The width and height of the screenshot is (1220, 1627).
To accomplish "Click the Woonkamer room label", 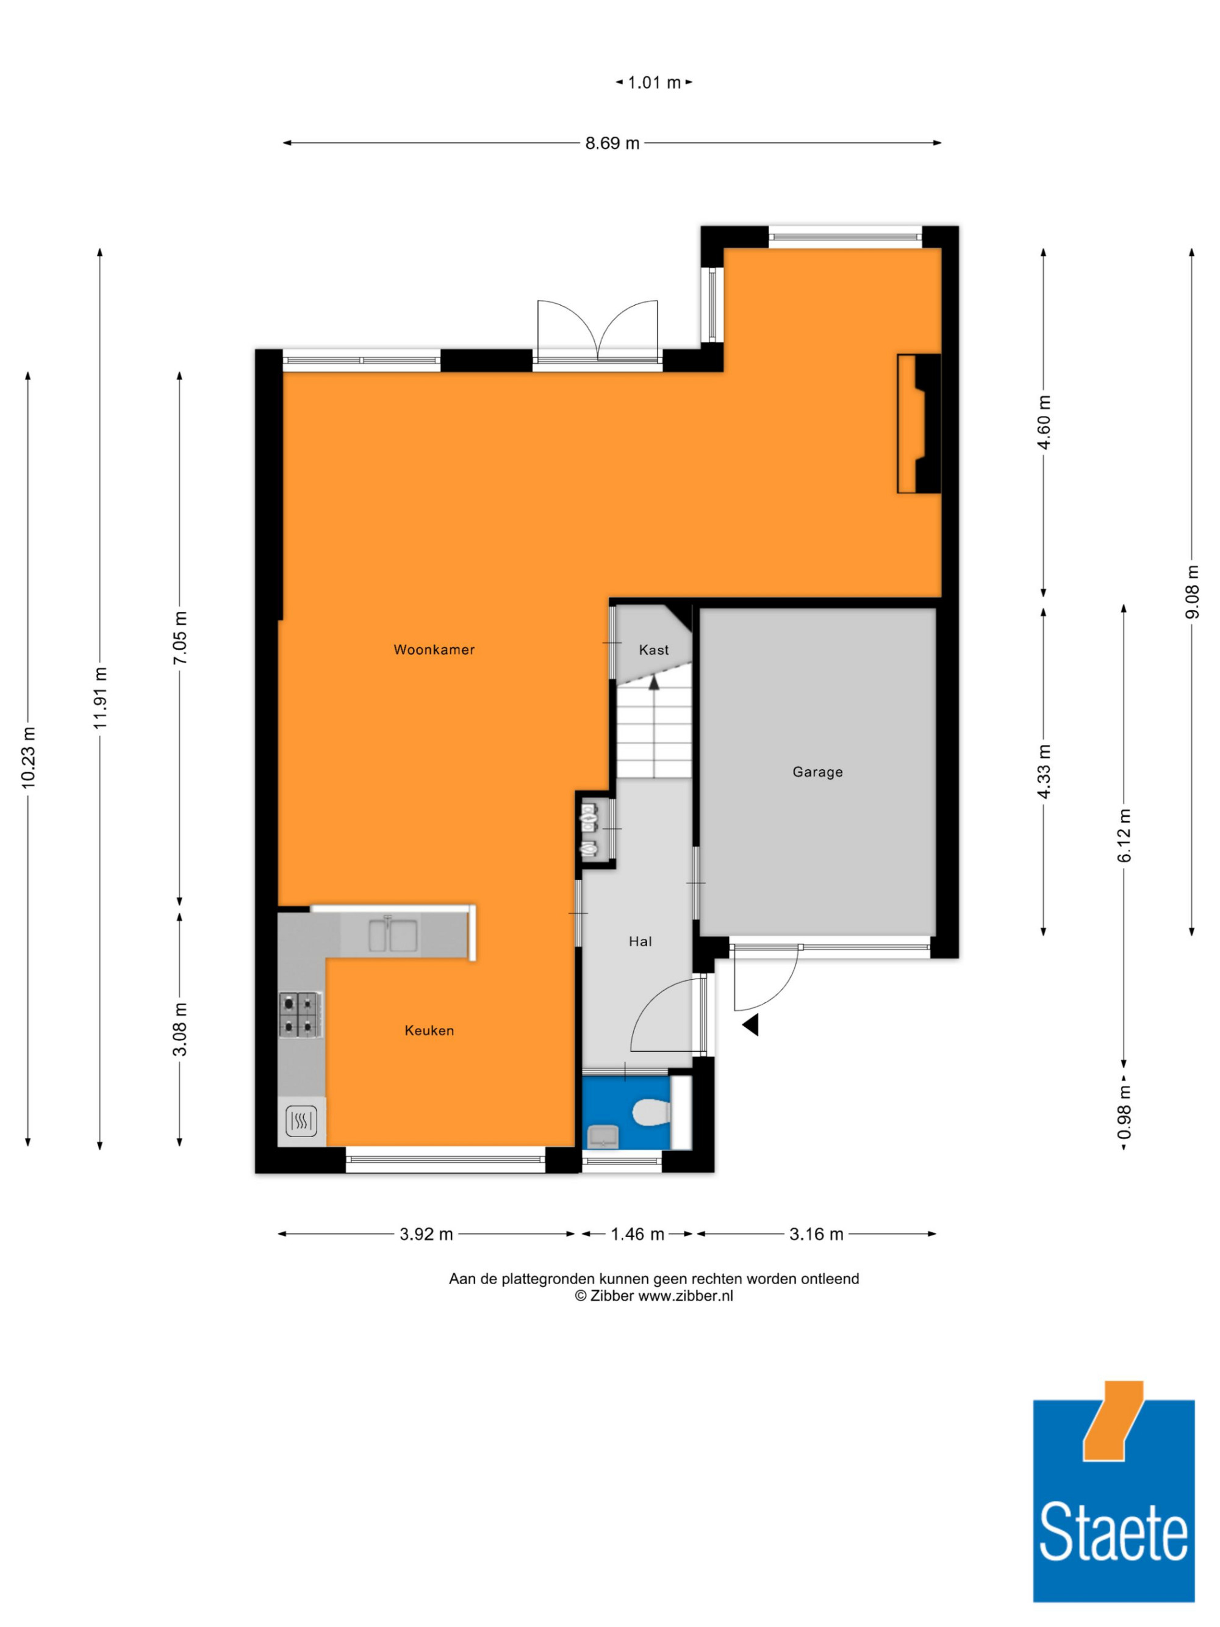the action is [434, 650].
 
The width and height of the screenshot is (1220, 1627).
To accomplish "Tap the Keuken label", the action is [429, 1030].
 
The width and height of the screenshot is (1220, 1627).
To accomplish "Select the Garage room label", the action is [817, 772].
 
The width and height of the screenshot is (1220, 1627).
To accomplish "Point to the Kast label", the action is [654, 650].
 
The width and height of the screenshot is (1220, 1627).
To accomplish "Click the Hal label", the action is [640, 941].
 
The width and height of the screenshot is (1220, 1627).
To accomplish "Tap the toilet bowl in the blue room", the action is [651, 1112].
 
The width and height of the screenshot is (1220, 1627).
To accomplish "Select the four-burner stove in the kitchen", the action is [300, 1015].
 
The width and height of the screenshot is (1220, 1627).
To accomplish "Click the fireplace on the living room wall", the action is [919, 423].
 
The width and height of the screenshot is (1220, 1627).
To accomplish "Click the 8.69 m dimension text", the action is [612, 143].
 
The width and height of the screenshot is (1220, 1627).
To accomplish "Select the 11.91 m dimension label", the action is [100, 697].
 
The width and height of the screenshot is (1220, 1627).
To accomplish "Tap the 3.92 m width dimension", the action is [426, 1234].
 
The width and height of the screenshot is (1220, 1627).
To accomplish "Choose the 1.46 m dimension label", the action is [637, 1234].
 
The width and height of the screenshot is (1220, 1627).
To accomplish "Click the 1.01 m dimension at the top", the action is [654, 82].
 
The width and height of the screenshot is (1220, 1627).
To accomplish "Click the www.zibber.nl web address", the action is [686, 1296].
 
